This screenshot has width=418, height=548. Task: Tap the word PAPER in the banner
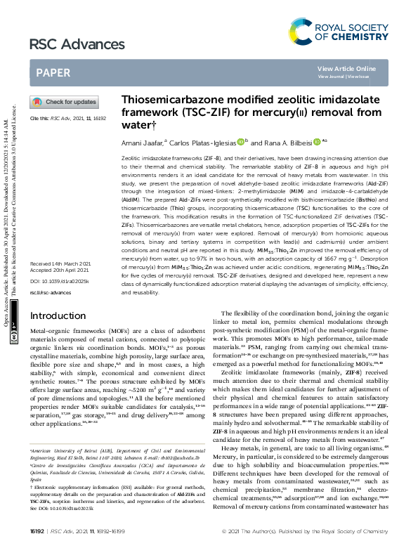[x=53, y=72]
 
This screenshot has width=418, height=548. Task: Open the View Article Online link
[x=346, y=68]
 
